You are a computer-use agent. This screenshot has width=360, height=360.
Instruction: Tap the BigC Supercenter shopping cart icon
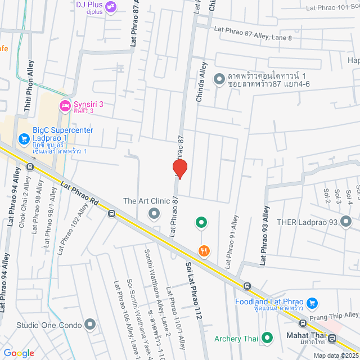pos(24,138)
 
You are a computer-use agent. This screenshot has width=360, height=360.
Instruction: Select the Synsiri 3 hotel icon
pos(65,105)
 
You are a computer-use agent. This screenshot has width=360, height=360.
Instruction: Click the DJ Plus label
pos(88,5)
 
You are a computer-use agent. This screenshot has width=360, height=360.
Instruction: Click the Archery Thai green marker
pos(268,339)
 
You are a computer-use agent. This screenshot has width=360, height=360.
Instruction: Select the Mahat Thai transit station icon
pos(332,339)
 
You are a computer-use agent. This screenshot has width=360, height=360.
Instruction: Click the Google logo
pos(19,353)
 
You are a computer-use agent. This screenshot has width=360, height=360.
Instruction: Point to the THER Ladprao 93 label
pos(307,222)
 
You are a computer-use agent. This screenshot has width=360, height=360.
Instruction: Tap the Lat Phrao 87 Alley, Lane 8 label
pos(252,34)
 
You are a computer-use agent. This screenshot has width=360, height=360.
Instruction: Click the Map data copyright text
pos(336,355)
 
